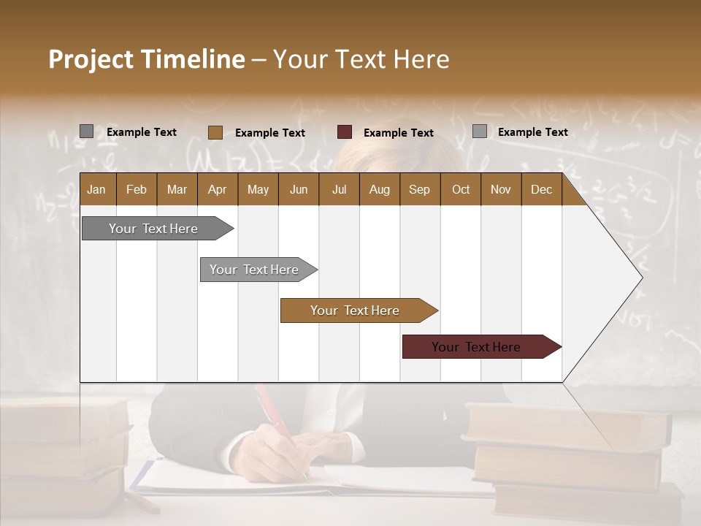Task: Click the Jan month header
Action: (x=96, y=190)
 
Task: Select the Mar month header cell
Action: (x=177, y=190)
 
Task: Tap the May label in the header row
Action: (x=258, y=190)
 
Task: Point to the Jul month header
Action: (x=339, y=190)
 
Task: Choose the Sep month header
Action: (x=419, y=190)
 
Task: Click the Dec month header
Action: (x=541, y=190)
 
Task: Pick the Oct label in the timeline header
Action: (x=461, y=190)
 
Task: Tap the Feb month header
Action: (x=137, y=190)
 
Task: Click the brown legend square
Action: (x=215, y=132)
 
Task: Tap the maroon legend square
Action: (x=345, y=132)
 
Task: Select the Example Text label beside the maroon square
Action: (x=399, y=133)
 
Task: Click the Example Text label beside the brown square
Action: (x=270, y=133)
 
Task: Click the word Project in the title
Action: (x=91, y=59)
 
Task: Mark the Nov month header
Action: (x=501, y=190)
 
